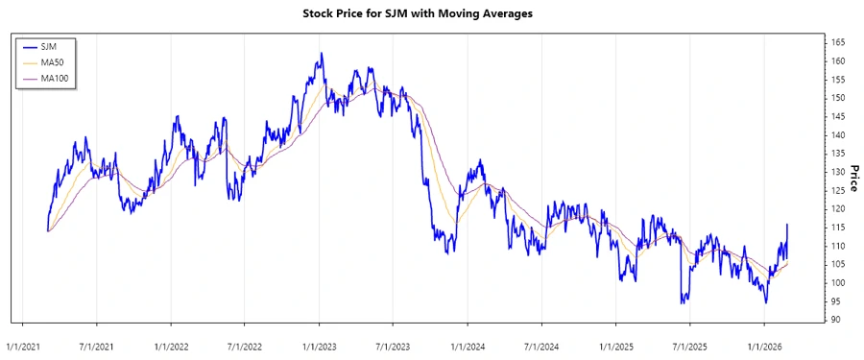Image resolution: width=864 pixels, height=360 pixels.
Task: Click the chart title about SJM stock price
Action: [432, 13]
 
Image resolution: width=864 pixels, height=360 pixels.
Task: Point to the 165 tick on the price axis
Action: [837, 43]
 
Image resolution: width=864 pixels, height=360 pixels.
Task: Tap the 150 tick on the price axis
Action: [837, 98]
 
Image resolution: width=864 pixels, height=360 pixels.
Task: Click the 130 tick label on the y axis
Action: [837, 172]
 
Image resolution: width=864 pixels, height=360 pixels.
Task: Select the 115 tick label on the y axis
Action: [837, 227]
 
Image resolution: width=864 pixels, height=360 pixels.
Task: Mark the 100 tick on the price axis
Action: [837, 282]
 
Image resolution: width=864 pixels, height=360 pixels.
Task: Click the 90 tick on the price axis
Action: [837, 319]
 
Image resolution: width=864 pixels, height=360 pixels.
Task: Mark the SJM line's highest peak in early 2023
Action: [322, 54]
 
